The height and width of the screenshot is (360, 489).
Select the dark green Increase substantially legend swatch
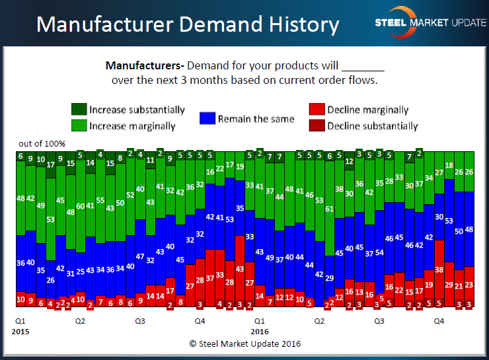click(x=79, y=110)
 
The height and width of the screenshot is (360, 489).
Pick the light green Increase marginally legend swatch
click(x=79, y=126)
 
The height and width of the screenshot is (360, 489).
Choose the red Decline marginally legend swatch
click(x=317, y=110)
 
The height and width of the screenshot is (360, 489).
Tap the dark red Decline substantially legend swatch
click(x=317, y=126)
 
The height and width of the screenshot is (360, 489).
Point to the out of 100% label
click(x=42, y=144)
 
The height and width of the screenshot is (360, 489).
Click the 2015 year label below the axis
click(x=21, y=331)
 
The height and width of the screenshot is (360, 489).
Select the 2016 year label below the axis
click(x=260, y=331)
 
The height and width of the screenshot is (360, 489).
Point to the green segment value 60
click(x=81, y=206)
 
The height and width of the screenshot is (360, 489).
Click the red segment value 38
click(x=439, y=270)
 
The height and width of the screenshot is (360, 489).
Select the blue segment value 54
click(x=379, y=252)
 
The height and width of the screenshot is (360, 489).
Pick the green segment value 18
click(x=449, y=166)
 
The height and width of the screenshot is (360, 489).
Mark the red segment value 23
click(x=469, y=285)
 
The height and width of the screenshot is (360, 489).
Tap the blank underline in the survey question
click(x=363, y=67)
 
